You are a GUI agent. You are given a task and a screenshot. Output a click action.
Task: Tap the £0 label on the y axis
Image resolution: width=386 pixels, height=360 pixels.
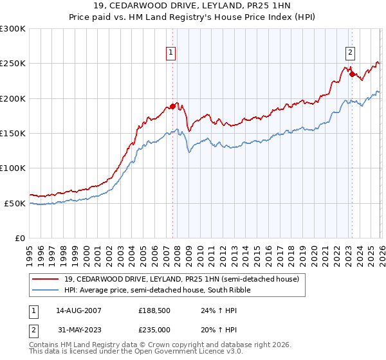click(19, 238)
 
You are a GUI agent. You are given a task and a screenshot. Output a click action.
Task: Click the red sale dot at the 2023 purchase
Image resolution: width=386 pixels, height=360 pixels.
click(351, 74)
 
